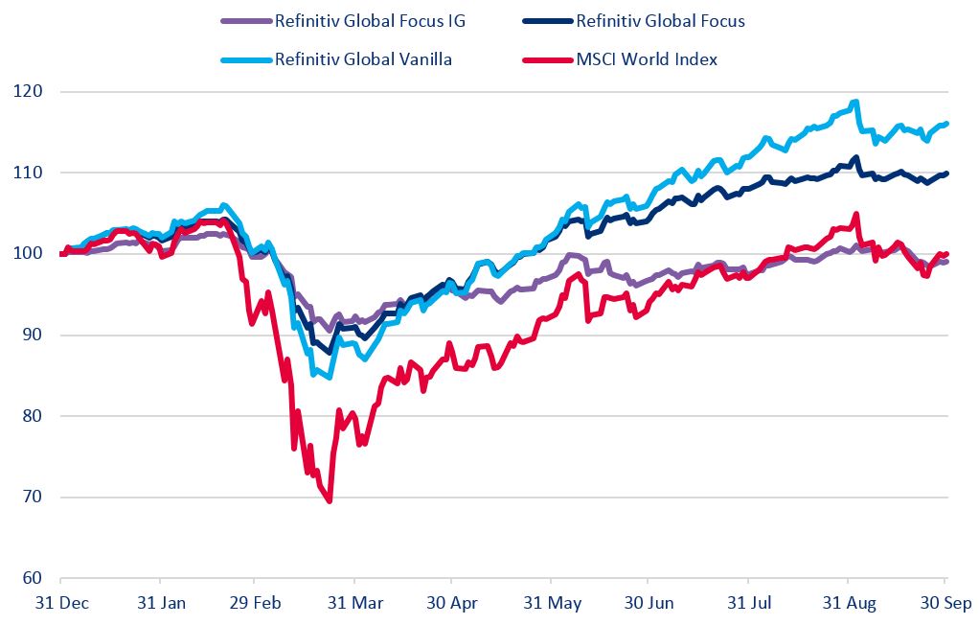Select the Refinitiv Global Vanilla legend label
[363, 59]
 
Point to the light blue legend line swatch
[245, 59]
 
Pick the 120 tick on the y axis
[33, 92]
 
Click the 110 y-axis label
[33, 173]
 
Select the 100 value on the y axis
[33, 254]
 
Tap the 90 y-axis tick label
[36, 336]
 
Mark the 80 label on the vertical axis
[36, 416]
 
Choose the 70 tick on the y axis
[36, 498]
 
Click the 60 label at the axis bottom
[36, 578]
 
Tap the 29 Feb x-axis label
[254, 604]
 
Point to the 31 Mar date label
[354, 604]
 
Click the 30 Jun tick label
[648, 604]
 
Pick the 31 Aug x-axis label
[847, 604]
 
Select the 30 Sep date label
[945, 604]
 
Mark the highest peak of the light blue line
[854, 102]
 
